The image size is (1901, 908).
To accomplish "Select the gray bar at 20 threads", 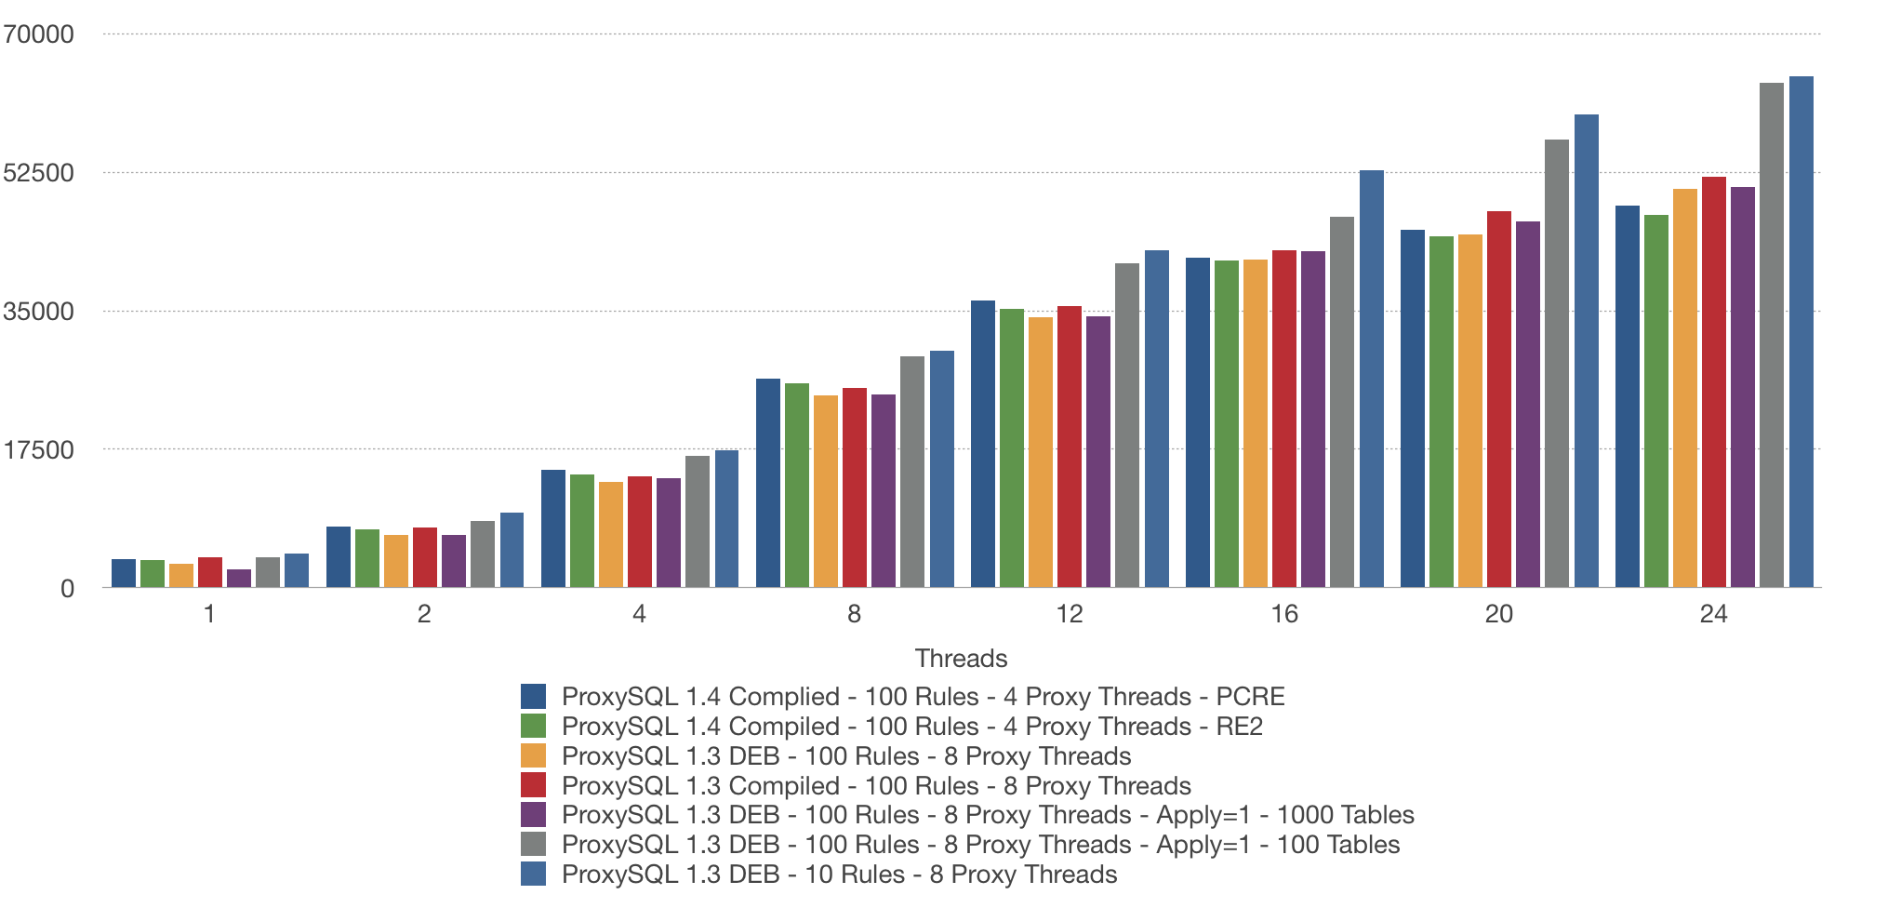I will [x=1556, y=364].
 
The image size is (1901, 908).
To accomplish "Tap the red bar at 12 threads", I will [x=1069, y=447].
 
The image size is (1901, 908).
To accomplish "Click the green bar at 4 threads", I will [x=581, y=531].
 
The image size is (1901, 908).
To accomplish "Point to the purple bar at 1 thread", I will [x=238, y=579].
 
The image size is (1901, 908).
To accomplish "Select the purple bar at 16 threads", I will [x=1312, y=420].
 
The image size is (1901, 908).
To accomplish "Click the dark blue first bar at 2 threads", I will [x=338, y=557].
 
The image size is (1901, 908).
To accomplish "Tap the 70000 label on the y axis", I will [x=38, y=34].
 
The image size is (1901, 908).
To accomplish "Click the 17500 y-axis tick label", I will [x=38, y=450].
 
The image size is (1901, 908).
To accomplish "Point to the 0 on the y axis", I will [x=67, y=589].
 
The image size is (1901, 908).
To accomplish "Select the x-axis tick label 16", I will [x=1283, y=614].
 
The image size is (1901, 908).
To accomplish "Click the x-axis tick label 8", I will [x=854, y=614].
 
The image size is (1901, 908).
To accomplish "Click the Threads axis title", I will [x=961, y=659].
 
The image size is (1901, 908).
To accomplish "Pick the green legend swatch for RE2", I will [x=533, y=726].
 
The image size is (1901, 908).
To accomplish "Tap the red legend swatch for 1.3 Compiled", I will [x=533, y=785].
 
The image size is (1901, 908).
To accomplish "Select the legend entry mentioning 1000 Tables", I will [x=987, y=815].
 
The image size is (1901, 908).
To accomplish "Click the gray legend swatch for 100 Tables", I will [x=533, y=845].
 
